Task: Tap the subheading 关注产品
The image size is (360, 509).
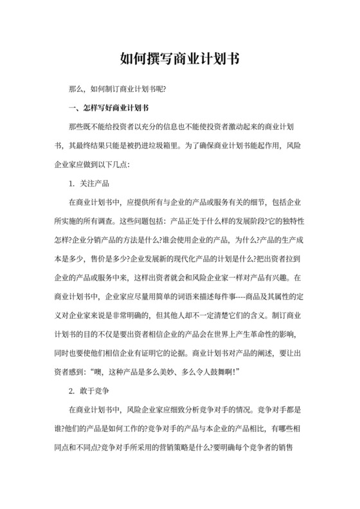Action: (95, 183)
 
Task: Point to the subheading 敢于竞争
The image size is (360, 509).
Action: (95, 390)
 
